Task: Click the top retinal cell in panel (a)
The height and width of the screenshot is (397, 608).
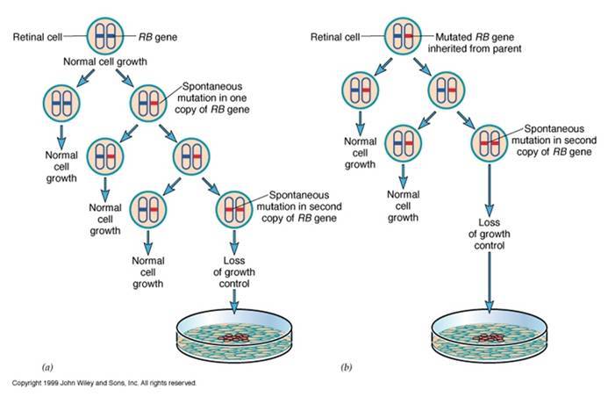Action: point(111,38)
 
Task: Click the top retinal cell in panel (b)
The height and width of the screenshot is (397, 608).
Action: point(405,38)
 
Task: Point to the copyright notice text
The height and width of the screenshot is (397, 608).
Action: point(104,383)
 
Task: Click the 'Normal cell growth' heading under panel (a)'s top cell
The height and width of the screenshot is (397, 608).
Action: point(111,63)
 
